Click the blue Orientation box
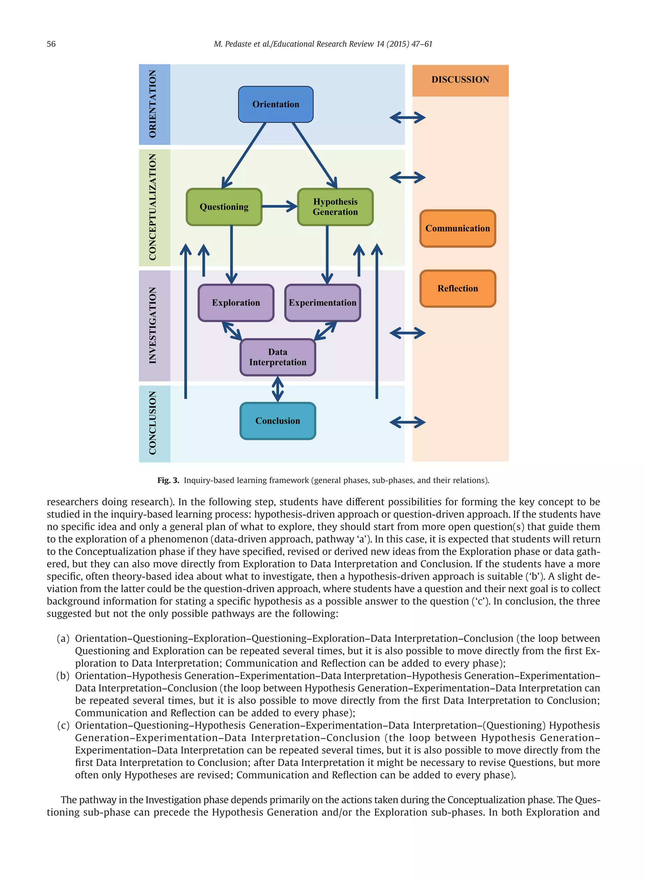(276, 104)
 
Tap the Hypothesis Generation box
(335, 207)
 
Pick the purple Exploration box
(236, 303)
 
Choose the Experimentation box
(322, 303)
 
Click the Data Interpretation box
(277, 357)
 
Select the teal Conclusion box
(277, 421)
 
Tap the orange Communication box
(458, 228)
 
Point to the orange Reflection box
(458, 289)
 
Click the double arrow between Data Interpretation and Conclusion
(277, 389)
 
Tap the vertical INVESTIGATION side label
(153, 326)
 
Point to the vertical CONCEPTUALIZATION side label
(153, 207)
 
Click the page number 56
(51, 44)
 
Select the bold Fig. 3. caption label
(168, 480)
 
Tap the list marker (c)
(63, 725)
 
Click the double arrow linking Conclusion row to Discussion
(407, 422)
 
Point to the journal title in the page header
(323, 44)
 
